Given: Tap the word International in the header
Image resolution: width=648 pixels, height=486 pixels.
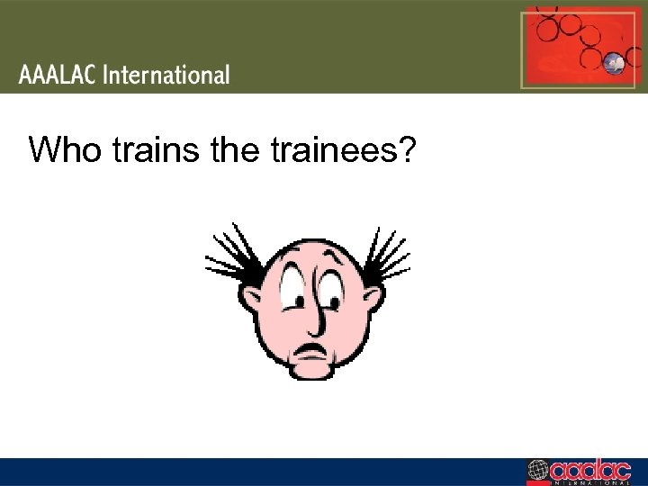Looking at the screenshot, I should [x=166, y=75].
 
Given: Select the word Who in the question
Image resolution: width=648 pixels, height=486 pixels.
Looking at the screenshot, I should [x=67, y=149].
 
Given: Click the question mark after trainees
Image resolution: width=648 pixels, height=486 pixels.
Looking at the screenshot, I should [x=405, y=149].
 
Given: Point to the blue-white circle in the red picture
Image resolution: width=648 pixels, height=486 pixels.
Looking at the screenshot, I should [x=616, y=63].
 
